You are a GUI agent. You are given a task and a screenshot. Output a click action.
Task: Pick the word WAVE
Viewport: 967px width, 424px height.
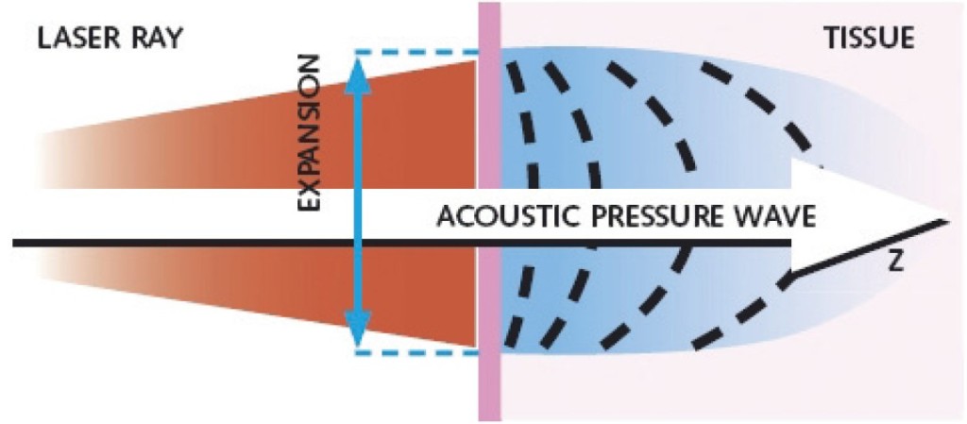tap(780, 215)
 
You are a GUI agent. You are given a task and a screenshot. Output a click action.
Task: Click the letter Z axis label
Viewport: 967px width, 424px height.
tap(895, 263)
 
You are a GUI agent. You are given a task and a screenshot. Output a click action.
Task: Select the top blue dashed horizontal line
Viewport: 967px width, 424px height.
tap(416, 51)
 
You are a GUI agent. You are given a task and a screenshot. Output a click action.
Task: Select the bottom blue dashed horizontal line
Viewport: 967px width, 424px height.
tap(416, 353)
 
